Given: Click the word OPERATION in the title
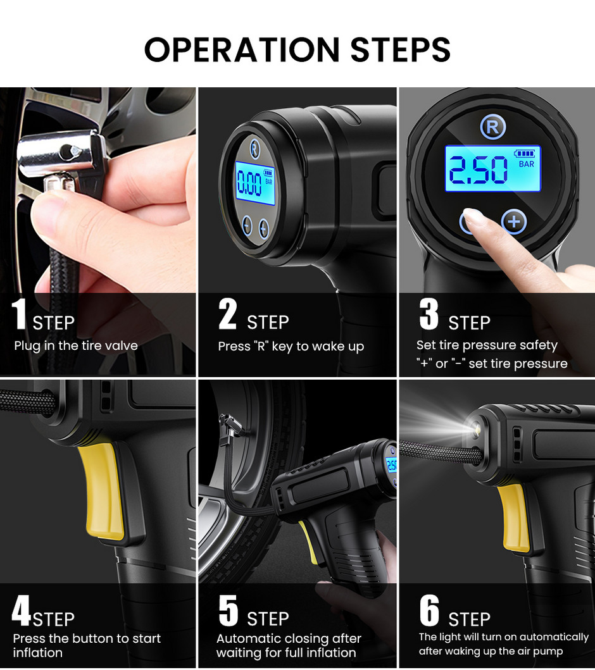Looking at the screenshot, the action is click(x=242, y=49).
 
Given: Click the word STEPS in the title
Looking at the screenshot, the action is click(x=401, y=49).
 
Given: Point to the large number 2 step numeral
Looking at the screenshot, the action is click(x=227, y=314).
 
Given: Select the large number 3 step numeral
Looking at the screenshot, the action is click(x=429, y=314).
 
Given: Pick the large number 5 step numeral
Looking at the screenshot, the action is click(x=229, y=610).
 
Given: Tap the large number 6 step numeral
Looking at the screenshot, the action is click(x=429, y=610).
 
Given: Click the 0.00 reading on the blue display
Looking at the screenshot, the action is click(x=249, y=183).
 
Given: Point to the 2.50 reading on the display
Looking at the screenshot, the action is click(x=478, y=170).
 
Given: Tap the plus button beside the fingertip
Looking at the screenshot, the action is click(x=514, y=221).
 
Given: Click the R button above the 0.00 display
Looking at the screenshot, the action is click(x=254, y=149).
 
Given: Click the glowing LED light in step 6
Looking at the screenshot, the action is click(x=474, y=427).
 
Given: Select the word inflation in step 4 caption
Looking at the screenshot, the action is click(x=37, y=652).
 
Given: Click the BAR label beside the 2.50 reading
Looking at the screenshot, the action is click(x=527, y=164).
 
